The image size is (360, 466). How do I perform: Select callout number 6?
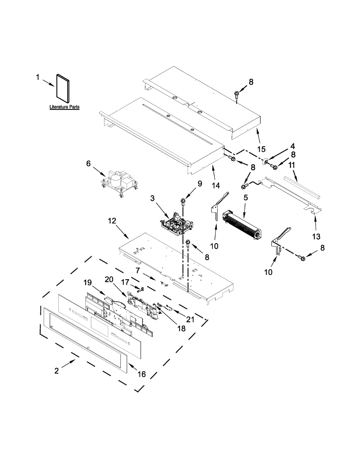coord(88,163)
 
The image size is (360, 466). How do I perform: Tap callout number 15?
coord(261,149)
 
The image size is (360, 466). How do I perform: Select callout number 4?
coord(292,146)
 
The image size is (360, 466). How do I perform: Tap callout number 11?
coord(292,165)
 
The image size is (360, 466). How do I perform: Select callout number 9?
coord(200,184)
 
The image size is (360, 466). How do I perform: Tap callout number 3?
coord(153,198)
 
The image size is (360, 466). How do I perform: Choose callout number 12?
coord(112,221)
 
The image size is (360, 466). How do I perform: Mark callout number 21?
coord(190,319)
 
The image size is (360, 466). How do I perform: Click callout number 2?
coord(57,371)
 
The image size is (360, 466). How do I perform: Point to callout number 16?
coord(142,374)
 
